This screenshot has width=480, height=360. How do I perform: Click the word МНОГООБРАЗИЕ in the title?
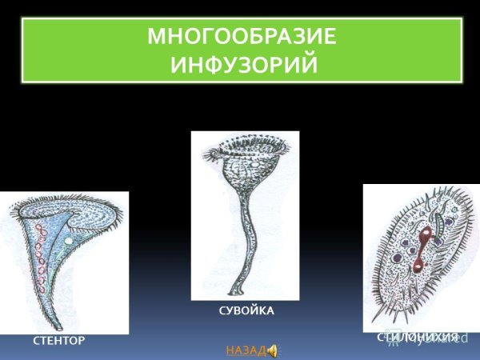click(x=242, y=38)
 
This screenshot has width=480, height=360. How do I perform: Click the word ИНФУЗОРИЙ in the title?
click(x=242, y=63)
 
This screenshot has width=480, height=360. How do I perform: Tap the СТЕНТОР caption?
click(x=58, y=341)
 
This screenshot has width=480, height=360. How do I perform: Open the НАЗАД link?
click(x=245, y=350)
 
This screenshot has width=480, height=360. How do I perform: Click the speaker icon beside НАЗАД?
click(x=271, y=350)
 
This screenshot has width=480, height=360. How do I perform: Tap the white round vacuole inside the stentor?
click(x=70, y=240)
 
